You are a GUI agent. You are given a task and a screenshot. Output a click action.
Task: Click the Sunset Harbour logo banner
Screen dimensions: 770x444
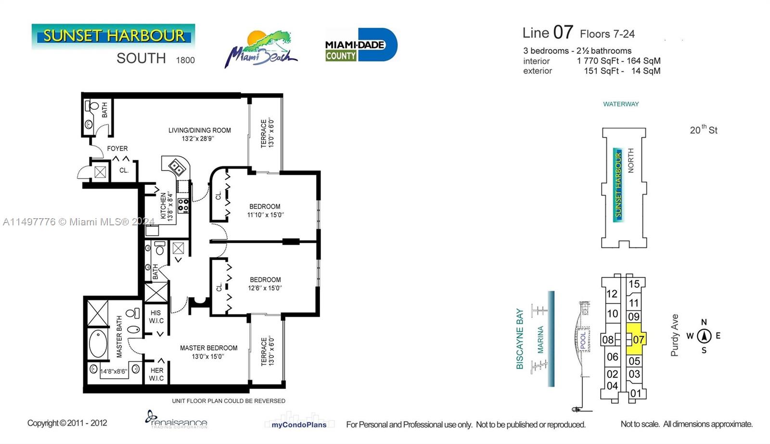113,36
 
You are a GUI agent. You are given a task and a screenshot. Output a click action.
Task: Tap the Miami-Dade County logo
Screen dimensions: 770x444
361,45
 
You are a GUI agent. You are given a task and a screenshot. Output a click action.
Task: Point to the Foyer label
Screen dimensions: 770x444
117,149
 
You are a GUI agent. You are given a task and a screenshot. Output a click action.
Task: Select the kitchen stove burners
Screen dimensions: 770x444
183,205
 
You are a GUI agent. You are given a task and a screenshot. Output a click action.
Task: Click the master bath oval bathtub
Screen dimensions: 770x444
98,344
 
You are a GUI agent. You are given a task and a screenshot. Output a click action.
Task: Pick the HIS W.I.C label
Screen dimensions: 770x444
156,317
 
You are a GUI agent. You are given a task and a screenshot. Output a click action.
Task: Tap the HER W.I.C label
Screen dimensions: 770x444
156,374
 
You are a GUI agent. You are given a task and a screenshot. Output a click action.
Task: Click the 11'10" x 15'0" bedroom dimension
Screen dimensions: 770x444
265,215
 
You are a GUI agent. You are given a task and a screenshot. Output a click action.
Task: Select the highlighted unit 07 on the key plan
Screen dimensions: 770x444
635,339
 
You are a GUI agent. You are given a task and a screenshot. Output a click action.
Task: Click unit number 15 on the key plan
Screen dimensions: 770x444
634,284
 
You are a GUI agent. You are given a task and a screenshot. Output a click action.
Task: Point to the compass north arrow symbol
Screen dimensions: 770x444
704,336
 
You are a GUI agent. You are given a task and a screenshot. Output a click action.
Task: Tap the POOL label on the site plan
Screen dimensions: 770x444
583,340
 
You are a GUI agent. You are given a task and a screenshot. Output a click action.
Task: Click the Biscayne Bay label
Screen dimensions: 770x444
520,339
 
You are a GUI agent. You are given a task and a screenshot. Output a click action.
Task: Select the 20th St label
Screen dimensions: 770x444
703,130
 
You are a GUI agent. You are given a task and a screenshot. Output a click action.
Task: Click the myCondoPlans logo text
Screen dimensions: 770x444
299,425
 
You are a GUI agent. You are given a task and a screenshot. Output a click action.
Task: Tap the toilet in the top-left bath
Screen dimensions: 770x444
93,105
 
